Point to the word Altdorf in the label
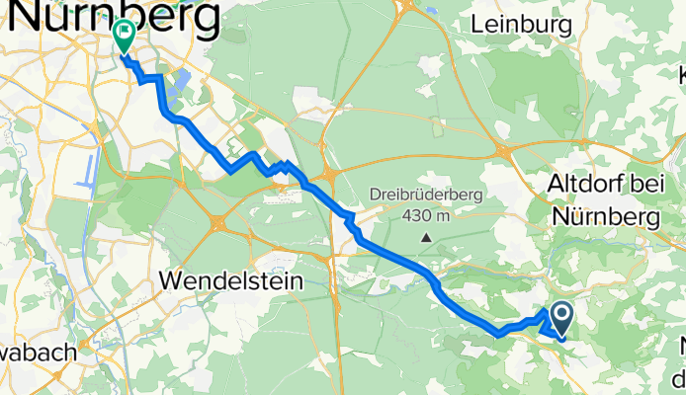click(x=583, y=185)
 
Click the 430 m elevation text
click(x=426, y=215)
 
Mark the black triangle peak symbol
click(x=426, y=237)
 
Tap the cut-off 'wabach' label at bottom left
click(x=47, y=349)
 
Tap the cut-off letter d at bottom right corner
click(x=678, y=378)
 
